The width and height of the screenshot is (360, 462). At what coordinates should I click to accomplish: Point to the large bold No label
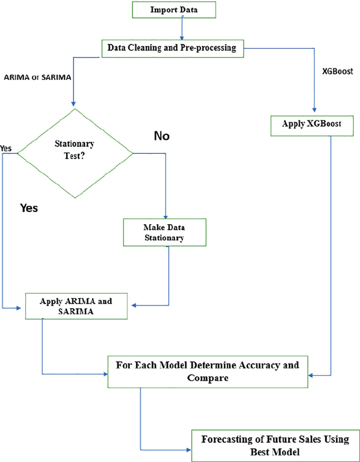162,136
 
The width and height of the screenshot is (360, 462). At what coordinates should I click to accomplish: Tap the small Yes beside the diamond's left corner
6,148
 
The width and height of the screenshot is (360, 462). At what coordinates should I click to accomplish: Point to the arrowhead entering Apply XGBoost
313,113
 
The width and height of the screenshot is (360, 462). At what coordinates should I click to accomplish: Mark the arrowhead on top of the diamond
73,104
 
